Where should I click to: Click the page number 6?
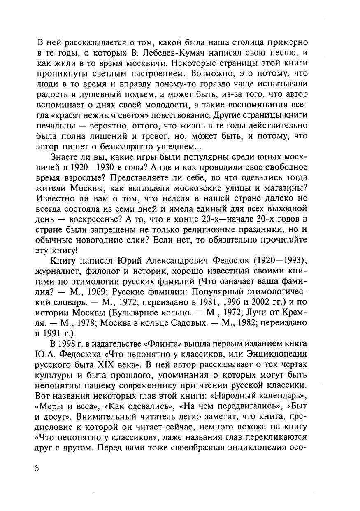coord(37,469)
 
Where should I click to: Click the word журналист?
coord(60,271)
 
